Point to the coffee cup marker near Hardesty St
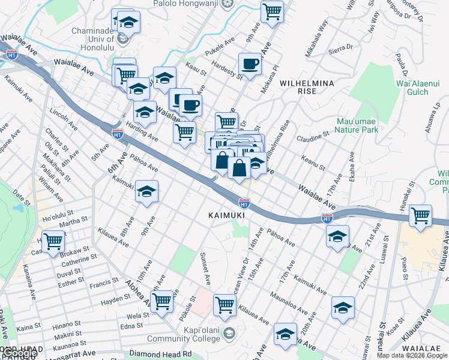[x=250, y=63]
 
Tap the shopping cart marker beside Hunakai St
[x=421, y=215]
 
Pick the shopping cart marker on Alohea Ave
[x=162, y=302]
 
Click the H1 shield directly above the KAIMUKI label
[x=244, y=204]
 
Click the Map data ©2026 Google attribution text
[x=412, y=355]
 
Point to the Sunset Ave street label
[x=205, y=269]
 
